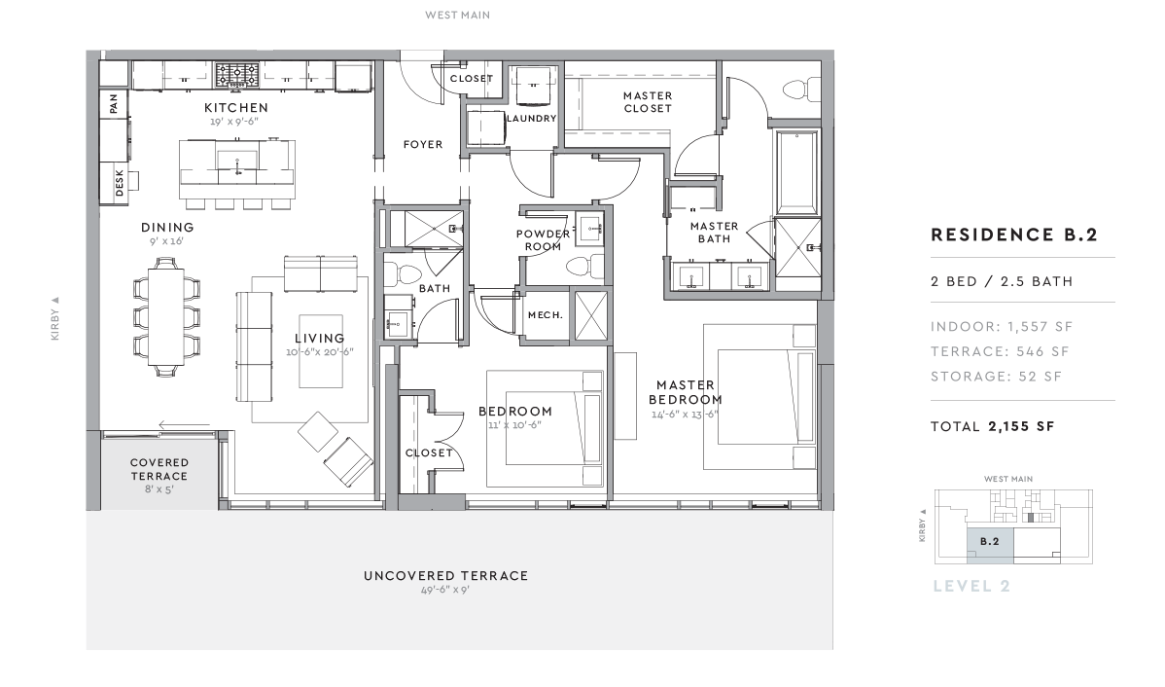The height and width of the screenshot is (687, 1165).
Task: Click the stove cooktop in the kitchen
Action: click(237, 75)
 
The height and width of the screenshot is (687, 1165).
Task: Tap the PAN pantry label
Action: click(114, 103)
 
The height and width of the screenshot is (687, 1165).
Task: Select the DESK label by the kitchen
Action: click(120, 183)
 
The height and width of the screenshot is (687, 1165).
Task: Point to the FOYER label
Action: click(423, 144)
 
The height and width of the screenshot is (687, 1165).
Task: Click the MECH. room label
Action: click(546, 315)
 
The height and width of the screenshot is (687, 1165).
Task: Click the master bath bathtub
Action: click(797, 172)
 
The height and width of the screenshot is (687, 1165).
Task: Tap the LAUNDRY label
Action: click(531, 118)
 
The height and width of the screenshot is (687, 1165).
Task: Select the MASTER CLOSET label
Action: click(648, 102)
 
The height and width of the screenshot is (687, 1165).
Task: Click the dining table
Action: click(165, 316)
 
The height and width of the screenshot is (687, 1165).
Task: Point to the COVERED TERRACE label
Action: click(159, 469)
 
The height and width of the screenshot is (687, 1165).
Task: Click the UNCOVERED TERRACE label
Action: click(445, 575)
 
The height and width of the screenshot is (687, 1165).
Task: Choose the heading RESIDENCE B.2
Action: click(1014, 235)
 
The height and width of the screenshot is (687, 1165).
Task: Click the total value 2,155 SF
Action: click(1022, 427)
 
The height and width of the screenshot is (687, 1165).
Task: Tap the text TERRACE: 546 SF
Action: click(1000, 351)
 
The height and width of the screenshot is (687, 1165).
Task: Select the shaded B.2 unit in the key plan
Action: click(990, 542)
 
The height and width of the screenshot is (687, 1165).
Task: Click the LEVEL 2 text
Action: click(971, 586)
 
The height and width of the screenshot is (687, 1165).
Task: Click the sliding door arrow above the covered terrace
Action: click(184, 425)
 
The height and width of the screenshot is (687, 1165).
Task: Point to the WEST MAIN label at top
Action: click(458, 15)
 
